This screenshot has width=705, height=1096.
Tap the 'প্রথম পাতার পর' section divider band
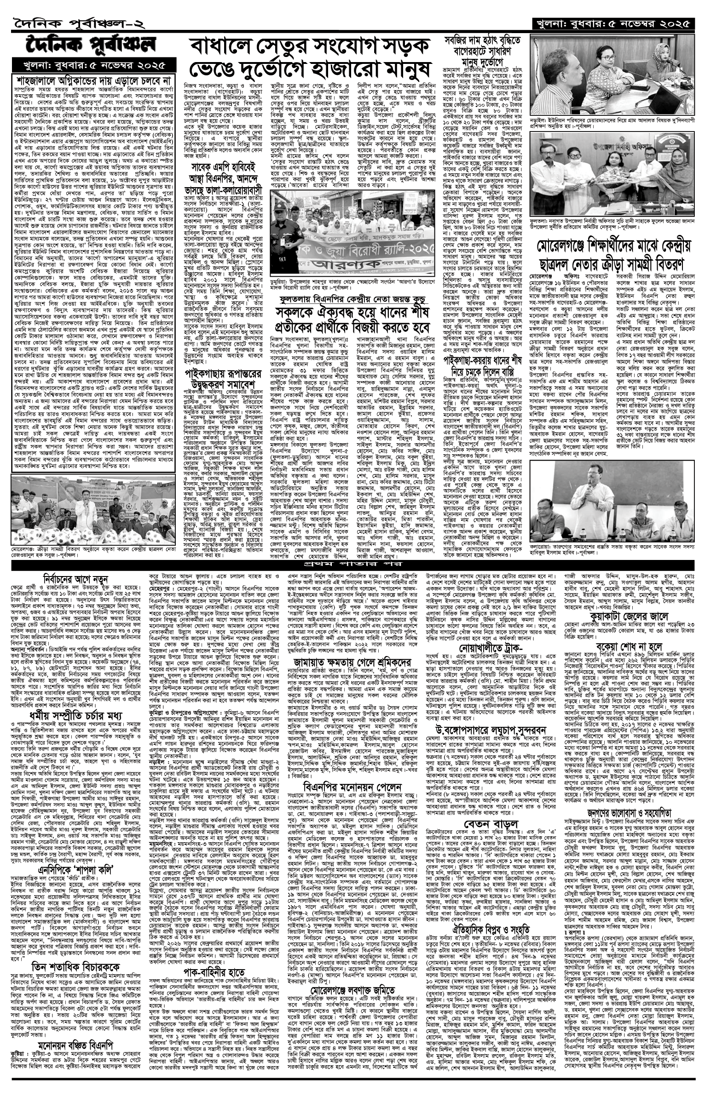(352, 564)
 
